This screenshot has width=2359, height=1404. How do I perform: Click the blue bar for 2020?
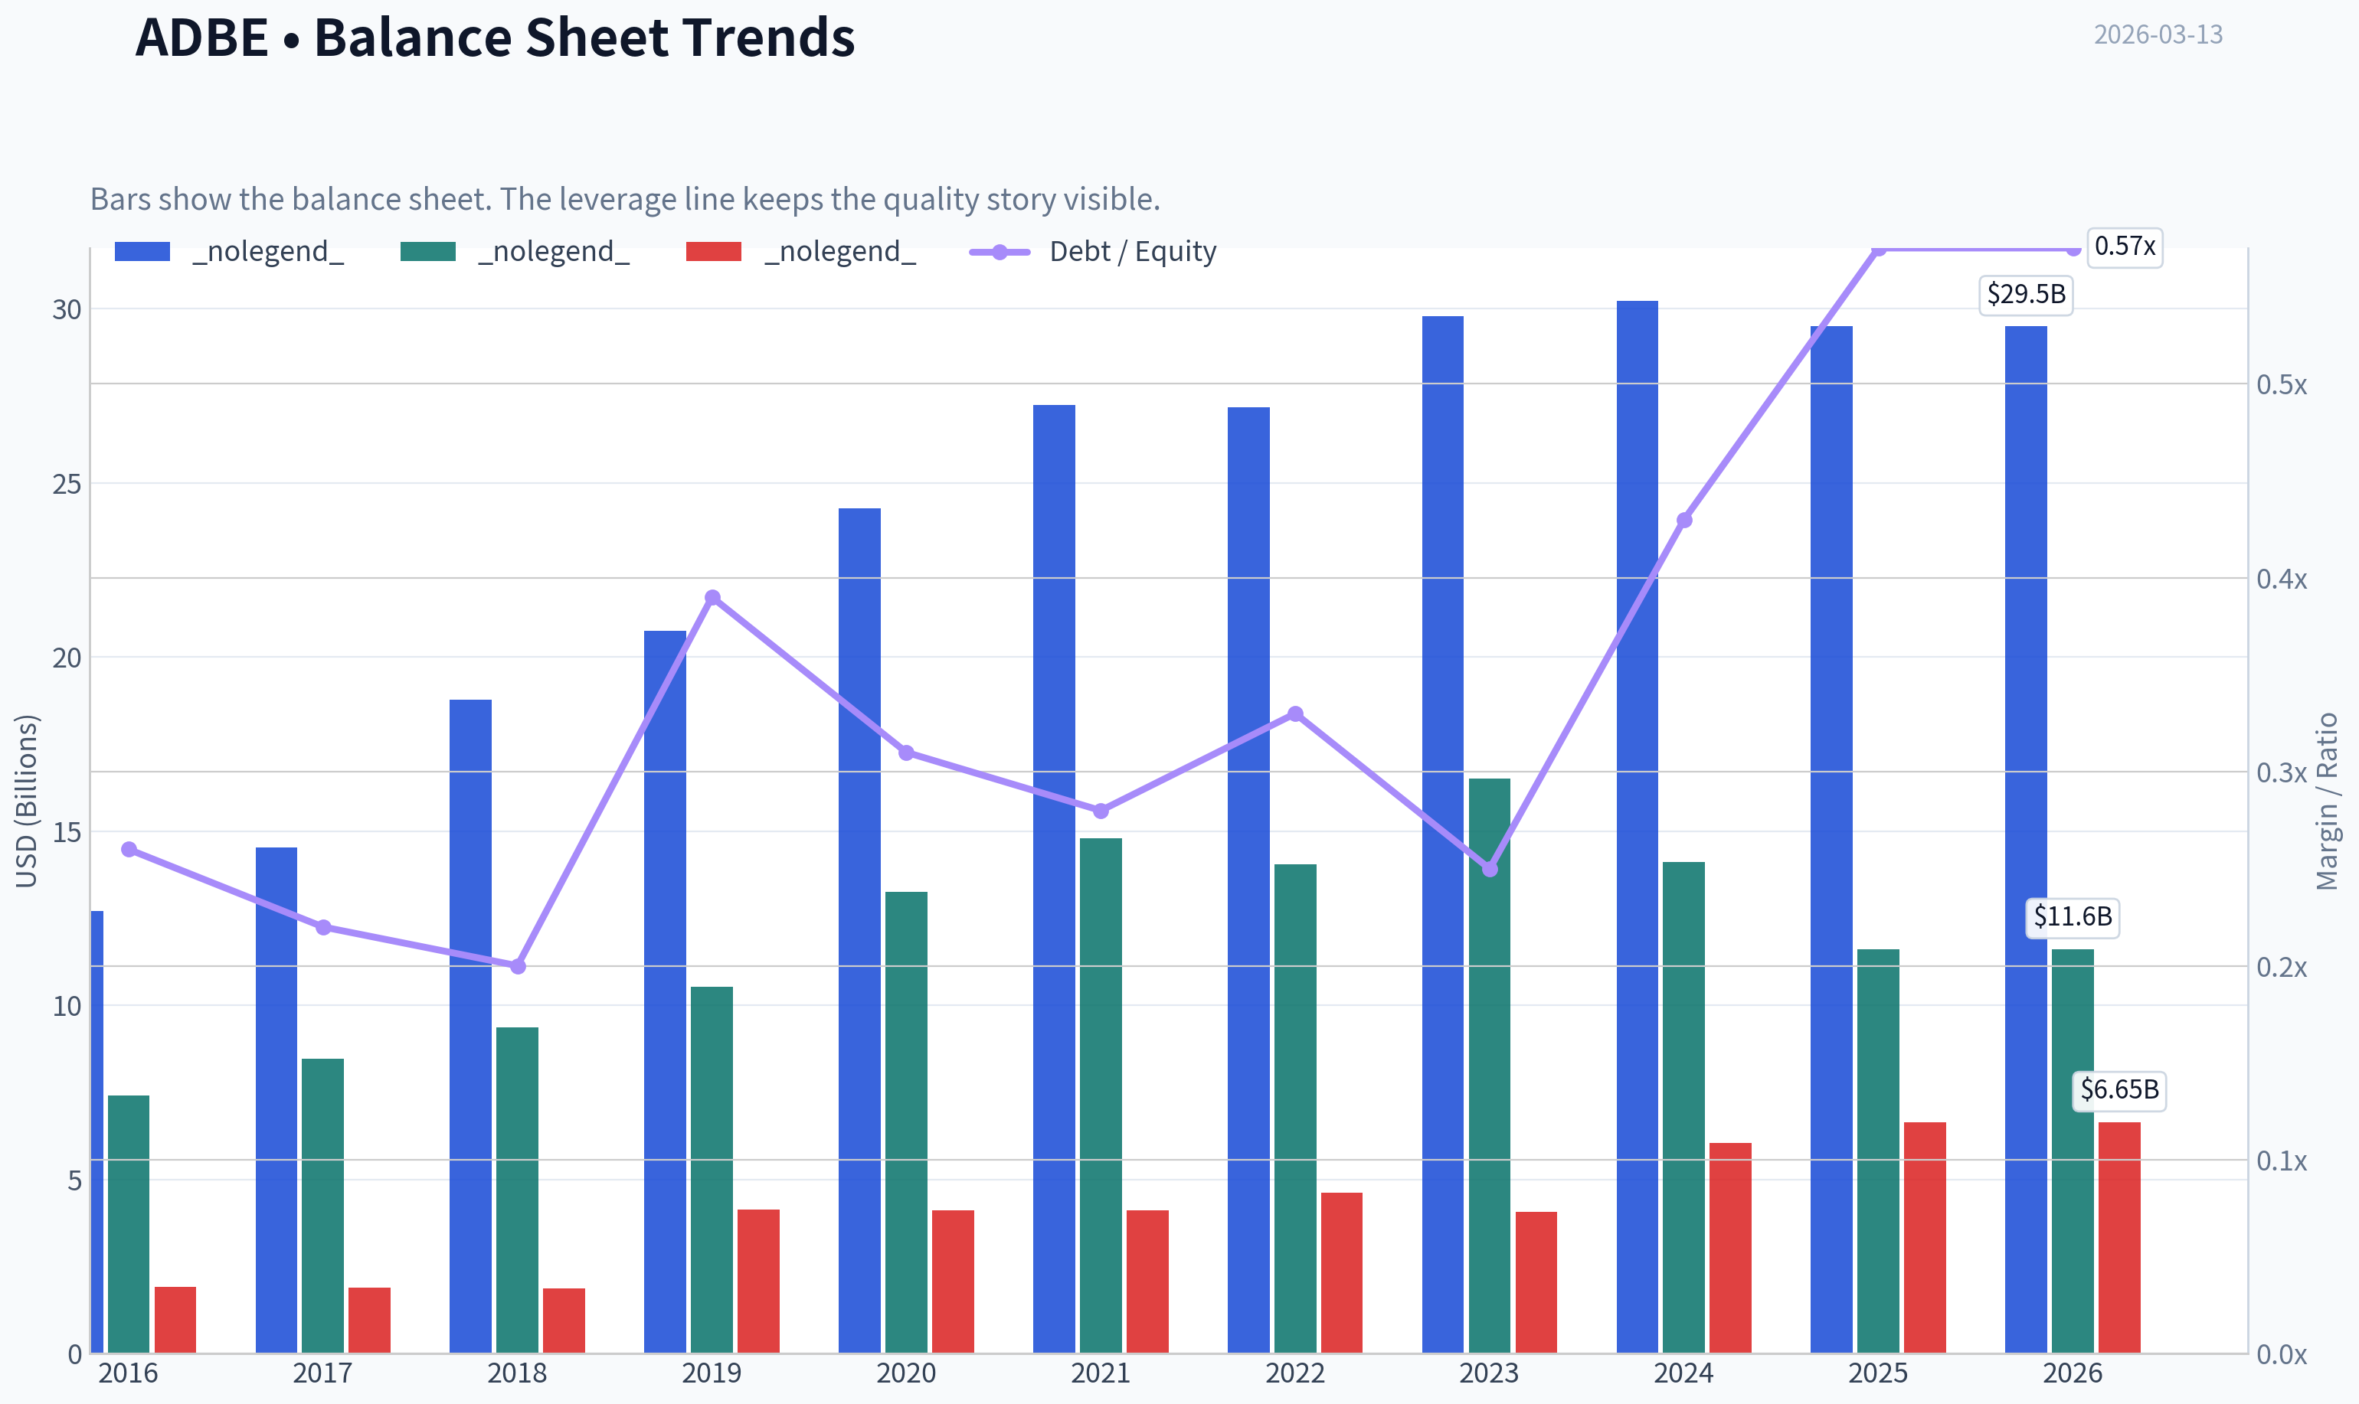[859, 931]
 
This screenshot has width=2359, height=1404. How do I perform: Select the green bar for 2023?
[1490, 1066]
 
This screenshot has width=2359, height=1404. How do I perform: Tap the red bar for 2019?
[758, 1281]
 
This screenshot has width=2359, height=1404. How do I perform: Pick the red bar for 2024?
[1731, 1248]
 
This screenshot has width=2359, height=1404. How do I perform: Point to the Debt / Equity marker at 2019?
[712, 598]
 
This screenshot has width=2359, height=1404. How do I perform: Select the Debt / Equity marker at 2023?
[1490, 869]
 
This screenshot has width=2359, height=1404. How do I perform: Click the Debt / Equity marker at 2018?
[518, 966]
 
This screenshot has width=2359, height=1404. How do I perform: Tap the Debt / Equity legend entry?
[1094, 252]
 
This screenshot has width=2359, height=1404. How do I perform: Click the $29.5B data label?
[2026, 294]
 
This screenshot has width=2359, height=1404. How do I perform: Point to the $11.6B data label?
[2073, 917]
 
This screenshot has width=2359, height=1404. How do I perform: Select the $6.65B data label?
[2119, 1090]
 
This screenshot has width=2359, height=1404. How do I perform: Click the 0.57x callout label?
[2125, 247]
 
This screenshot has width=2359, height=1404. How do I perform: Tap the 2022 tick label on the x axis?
[1295, 1373]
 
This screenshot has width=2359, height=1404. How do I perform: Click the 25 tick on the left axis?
[67, 485]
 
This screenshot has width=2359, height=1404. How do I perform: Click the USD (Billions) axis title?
[28, 802]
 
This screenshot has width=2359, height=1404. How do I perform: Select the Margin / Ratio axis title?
[2326, 802]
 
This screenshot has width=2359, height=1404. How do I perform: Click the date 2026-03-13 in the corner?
[2158, 35]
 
